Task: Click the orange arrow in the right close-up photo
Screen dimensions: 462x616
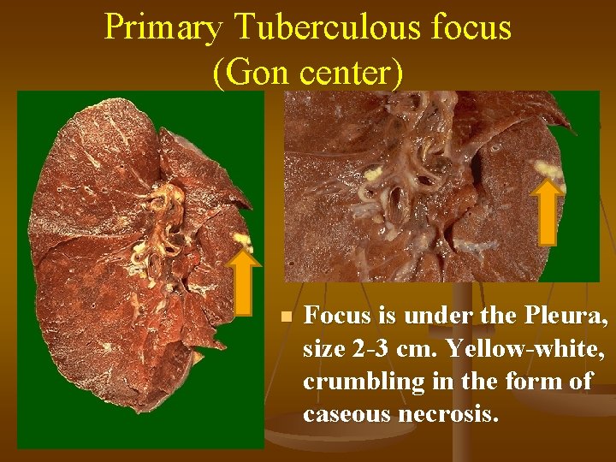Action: point(548,214)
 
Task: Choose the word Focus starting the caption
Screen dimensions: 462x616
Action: point(339,316)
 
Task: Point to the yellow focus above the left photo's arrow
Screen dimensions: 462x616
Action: point(242,240)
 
